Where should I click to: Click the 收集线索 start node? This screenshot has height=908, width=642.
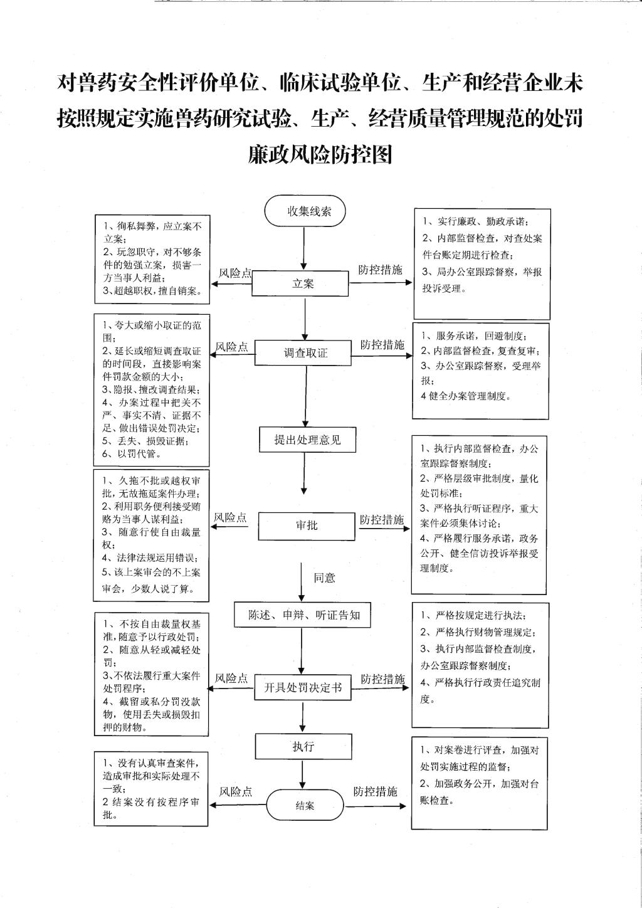click(305, 211)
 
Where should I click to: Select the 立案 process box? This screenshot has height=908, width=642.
click(300, 283)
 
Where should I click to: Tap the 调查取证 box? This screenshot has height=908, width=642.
click(303, 352)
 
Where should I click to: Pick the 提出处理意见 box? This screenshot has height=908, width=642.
click(308, 440)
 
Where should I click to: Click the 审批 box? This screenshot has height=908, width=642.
click(307, 525)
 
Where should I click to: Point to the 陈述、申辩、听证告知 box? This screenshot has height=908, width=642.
click(302, 615)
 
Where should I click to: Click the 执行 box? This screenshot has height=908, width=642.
click(303, 746)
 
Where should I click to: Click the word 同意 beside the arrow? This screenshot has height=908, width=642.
click(324, 578)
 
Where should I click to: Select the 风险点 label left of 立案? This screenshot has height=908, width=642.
click(235, 273)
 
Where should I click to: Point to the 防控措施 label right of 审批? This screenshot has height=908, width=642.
click(382, 520)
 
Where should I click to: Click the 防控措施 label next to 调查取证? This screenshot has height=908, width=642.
click(382, 345)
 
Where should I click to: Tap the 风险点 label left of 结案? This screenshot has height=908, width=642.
click(236, 791)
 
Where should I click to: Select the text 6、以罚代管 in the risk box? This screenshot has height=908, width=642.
click(131, 454)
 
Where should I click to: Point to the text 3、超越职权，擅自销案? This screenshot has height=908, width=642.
click(152, 291)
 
